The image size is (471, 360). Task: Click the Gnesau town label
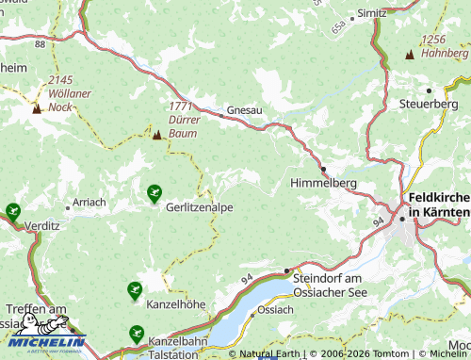pos(245,110)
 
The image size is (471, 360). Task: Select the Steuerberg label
pos(428,103)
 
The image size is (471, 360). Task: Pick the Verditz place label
pos(43,226)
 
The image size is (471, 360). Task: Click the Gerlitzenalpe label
pos(200,205)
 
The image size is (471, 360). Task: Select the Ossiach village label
pos(275,309)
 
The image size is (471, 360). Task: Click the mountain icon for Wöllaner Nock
pos(37,108)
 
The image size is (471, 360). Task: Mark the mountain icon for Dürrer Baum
pos(156,136)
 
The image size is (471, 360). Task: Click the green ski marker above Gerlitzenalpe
pos(154,193)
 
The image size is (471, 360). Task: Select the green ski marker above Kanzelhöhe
pos(135,290)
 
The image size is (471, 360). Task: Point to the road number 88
pos(39,43)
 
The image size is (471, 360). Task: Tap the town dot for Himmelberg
pos(322,169)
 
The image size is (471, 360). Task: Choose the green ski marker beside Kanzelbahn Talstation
pos(137,335)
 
